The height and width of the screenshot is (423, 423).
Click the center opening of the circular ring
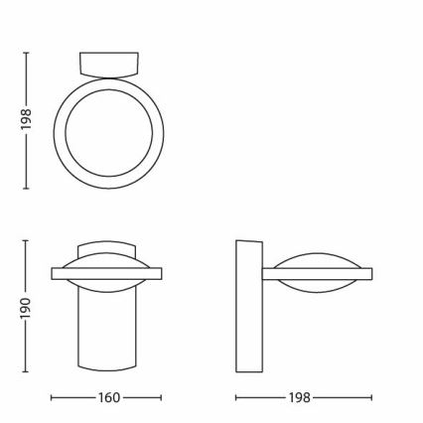107,132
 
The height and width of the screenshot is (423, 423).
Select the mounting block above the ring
107,63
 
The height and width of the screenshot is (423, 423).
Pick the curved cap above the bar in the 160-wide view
107,249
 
